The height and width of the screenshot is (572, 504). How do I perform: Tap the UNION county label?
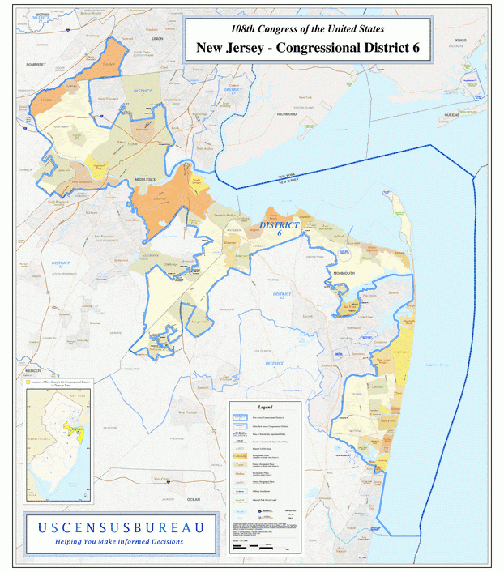(157, 38)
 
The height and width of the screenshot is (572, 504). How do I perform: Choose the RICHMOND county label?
(286, 114)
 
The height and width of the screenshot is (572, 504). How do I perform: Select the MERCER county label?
(33, 369)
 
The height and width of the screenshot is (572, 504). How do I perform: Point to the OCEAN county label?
(193, 499)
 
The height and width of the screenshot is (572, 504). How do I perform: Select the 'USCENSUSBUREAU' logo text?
(120, 527)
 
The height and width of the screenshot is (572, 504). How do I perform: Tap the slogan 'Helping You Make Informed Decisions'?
(119, 542)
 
